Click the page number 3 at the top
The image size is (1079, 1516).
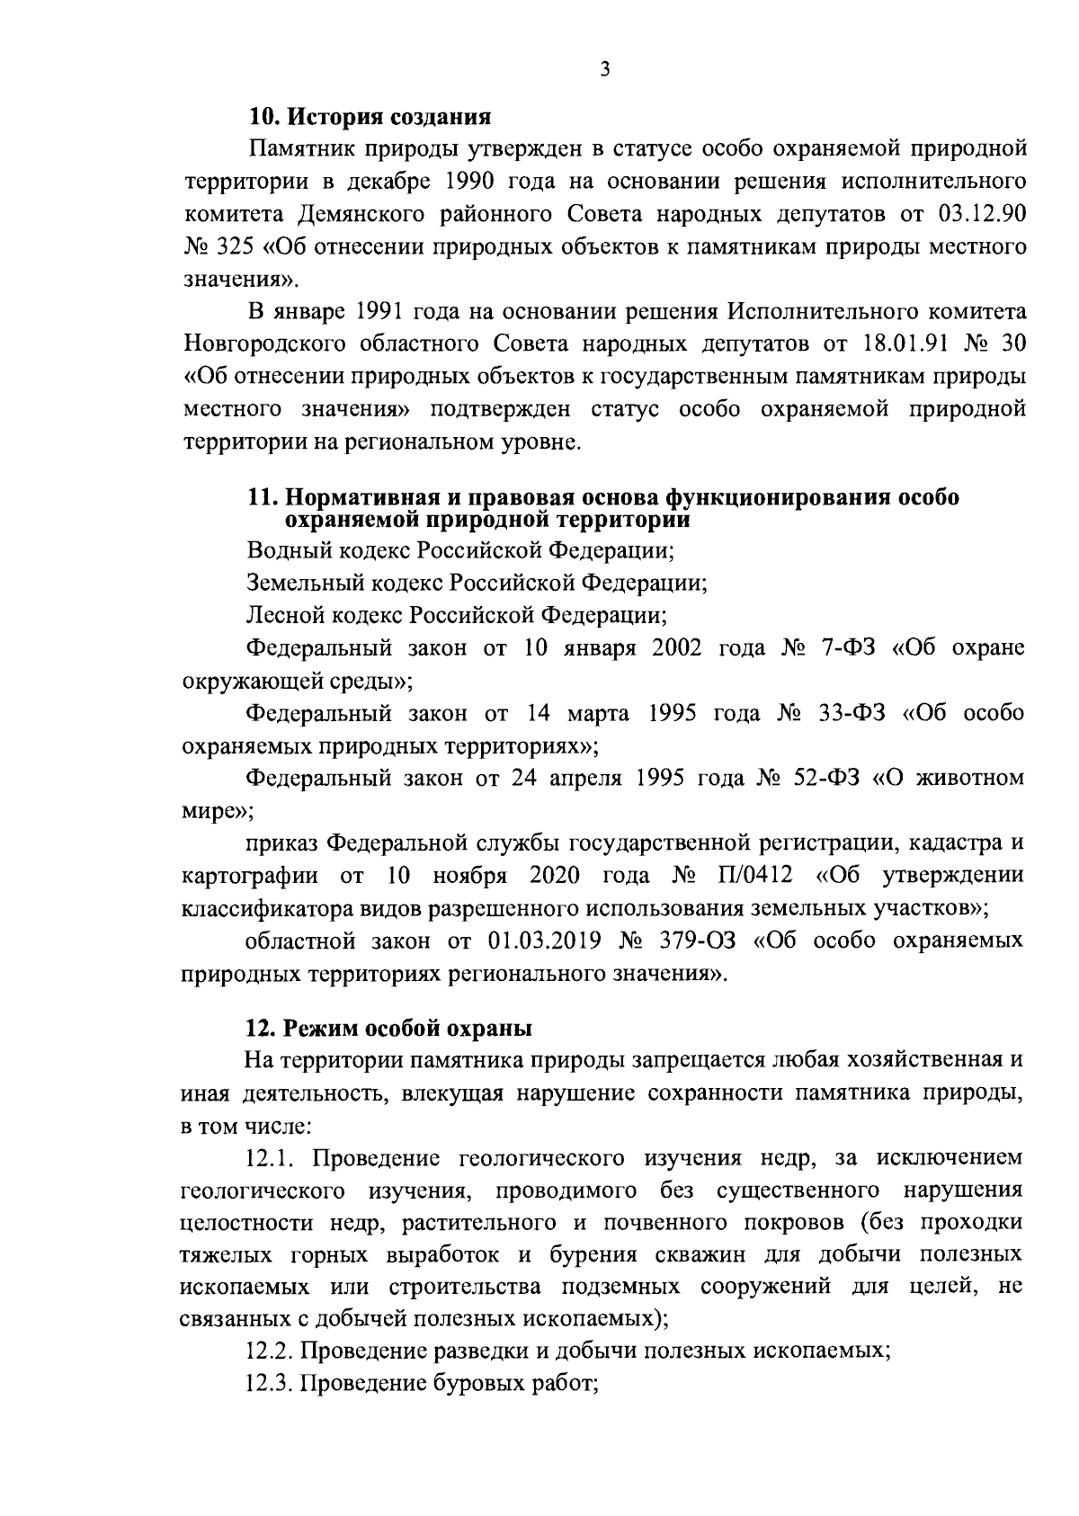605,69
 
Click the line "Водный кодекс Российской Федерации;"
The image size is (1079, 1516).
461,549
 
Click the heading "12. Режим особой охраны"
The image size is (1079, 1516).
389,1026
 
